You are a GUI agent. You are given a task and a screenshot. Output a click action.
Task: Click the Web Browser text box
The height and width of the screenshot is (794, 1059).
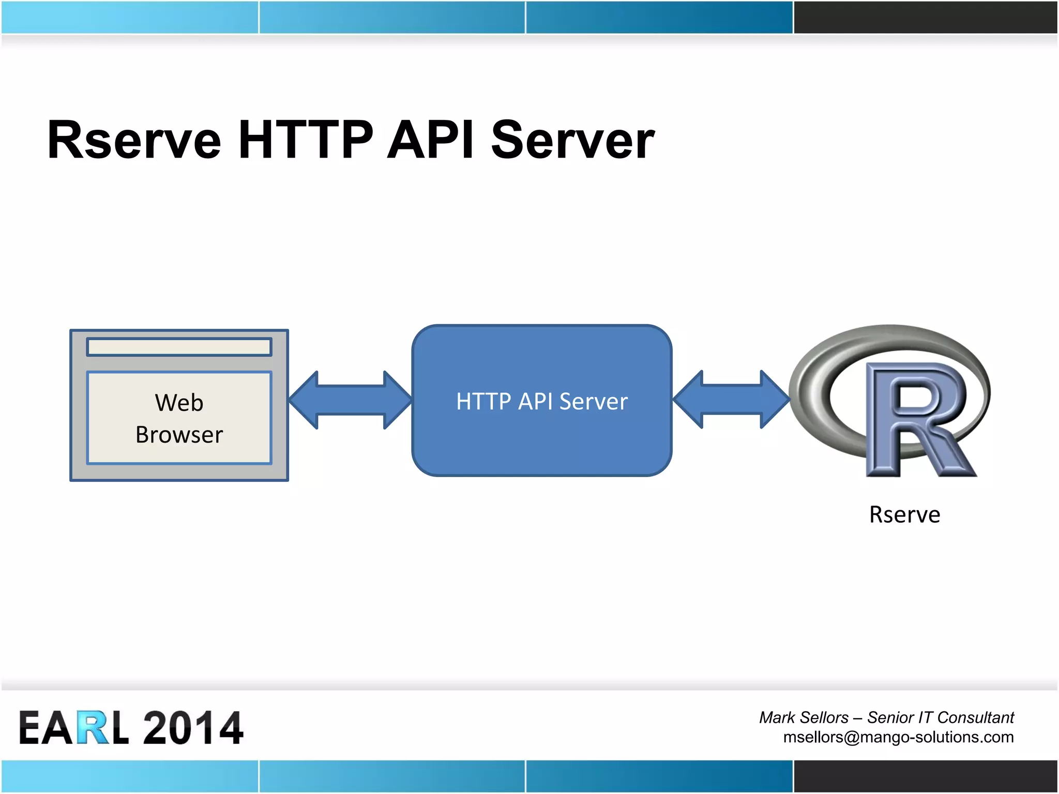coord(179,418)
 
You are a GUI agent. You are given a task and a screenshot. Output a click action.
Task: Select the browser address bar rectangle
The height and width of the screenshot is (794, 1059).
coord(179,347)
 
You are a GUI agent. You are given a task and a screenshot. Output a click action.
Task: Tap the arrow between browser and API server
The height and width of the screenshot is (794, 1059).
coord(350,400)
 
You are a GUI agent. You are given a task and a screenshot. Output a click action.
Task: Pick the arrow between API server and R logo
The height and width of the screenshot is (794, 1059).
coord(731,399)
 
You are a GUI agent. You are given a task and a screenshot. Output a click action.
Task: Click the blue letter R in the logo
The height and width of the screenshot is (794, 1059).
coord(915,419)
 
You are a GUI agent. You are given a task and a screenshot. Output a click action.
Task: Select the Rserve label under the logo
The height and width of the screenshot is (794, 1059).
coord(904,514)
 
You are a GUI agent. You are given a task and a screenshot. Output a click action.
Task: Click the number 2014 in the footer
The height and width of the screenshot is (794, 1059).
coord(192,728)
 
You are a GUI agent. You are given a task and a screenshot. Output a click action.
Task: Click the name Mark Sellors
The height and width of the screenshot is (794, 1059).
coord(804,717)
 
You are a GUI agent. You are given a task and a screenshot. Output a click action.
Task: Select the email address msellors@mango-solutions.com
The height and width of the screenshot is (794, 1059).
coord(898,737)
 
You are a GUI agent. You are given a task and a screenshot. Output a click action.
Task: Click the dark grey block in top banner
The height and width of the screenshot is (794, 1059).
coord(925,17)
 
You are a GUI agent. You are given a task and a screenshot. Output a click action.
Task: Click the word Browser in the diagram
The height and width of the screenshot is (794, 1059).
coord(179,435)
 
